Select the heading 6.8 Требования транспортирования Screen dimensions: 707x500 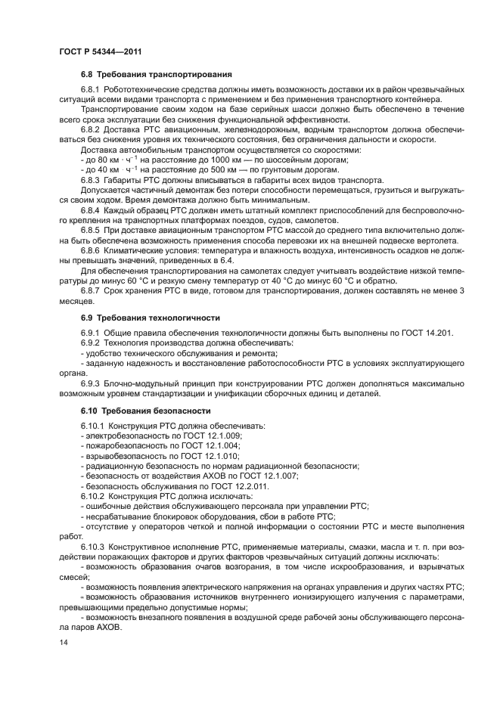coord(155,74)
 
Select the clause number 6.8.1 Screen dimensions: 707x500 coord(92,91)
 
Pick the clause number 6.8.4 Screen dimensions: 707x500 coord(92,220)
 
